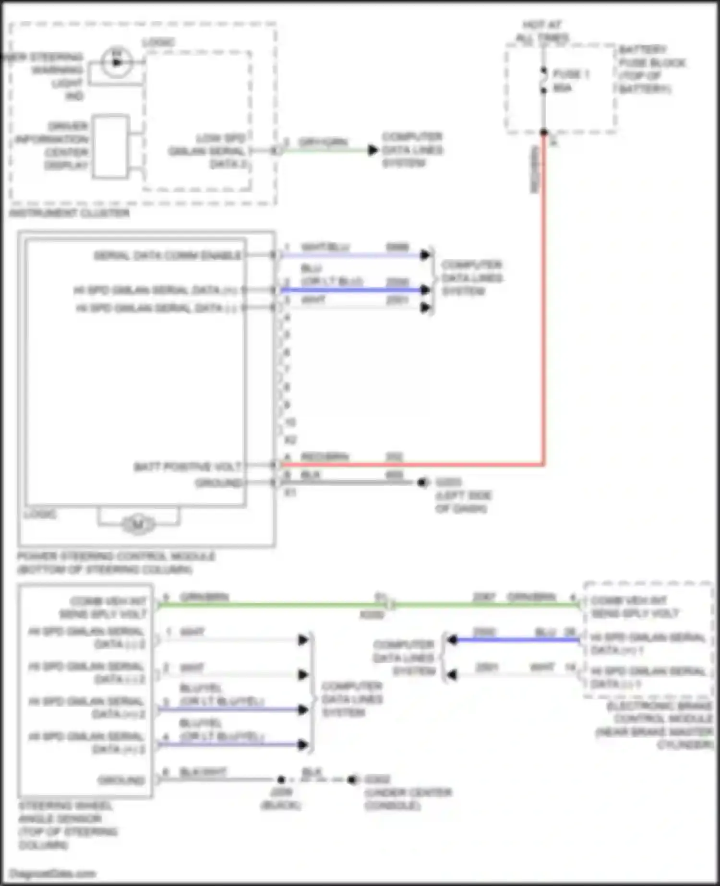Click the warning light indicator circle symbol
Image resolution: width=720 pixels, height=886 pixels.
click(115, 62)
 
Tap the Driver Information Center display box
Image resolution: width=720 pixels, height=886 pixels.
click(111, 146)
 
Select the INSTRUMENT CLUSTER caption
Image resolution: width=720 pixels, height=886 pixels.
click(70, 213)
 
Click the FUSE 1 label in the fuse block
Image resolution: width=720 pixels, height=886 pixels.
click(571, 74)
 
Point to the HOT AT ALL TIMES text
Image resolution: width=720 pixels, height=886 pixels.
click(542, 31)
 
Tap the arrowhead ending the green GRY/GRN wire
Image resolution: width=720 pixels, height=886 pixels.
click(373, 150)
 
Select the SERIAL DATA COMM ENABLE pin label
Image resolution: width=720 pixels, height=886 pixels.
click(168, 255)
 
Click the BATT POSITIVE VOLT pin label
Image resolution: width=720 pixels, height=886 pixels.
click(187, 467)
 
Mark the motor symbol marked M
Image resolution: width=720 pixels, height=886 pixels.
click(138, 524)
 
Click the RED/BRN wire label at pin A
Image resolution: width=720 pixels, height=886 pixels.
click(324, 457)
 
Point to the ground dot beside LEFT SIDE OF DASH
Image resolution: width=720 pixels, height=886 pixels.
click(422, 482)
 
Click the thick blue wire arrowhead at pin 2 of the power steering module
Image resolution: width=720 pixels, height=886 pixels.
click(425, 290)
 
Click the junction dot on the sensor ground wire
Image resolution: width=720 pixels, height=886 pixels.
click(281, 779)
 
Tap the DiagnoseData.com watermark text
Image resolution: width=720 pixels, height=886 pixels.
click(52, 874)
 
